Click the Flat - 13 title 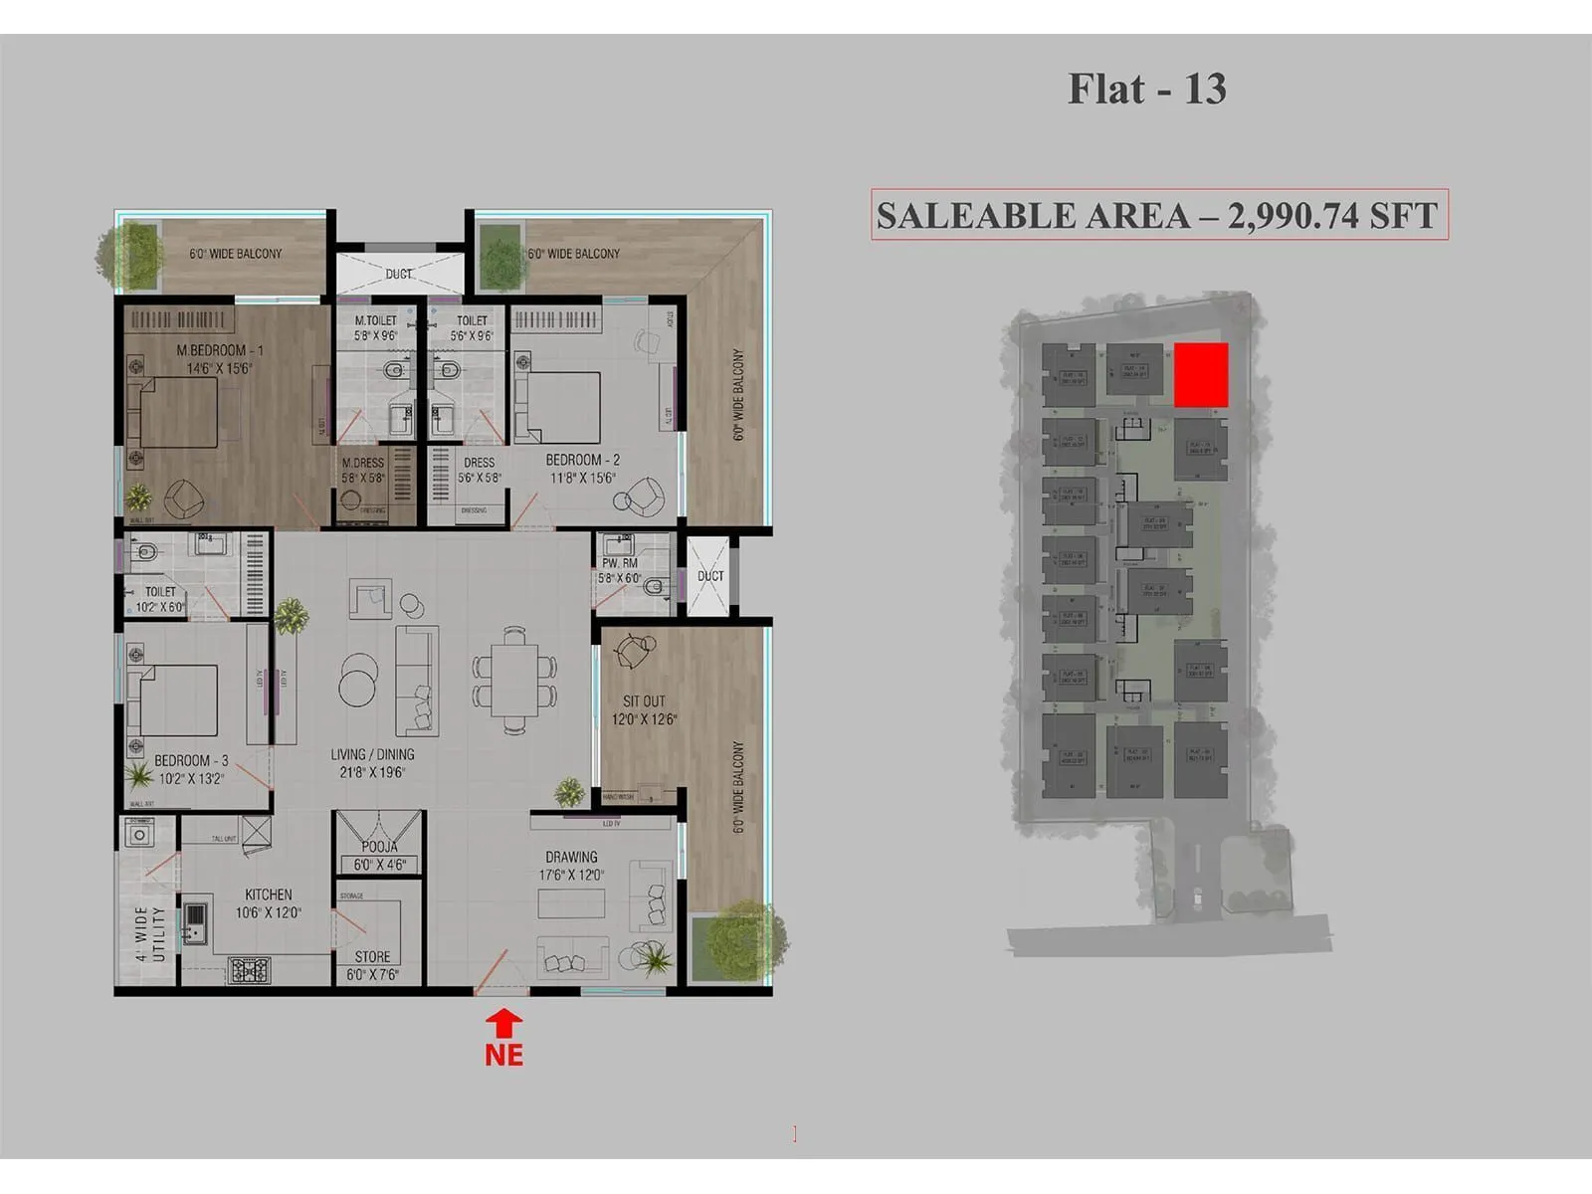click(x=1146, y=90)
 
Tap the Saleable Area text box click(x=1159, y=215)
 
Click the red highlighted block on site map click(x=1201, y=375)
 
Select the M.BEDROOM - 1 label click(x=220, y=350)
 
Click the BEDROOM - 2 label click(x=582, y=460)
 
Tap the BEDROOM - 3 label click(x=191, y=760)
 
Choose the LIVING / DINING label click(x=372, y=754)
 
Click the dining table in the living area click(x=514, y=681)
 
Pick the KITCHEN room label click(x=269, y=895)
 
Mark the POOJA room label click(x=379, y=847)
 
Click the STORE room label click(x=373, y=956)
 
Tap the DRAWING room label click(x=571, y=857)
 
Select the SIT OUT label click(x=644, y=701)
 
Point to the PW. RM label click(x=619, y=563)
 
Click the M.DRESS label click(x=362, y=463)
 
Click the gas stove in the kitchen click(x=249, y=969)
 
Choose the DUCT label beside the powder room click(x=710, y=576)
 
